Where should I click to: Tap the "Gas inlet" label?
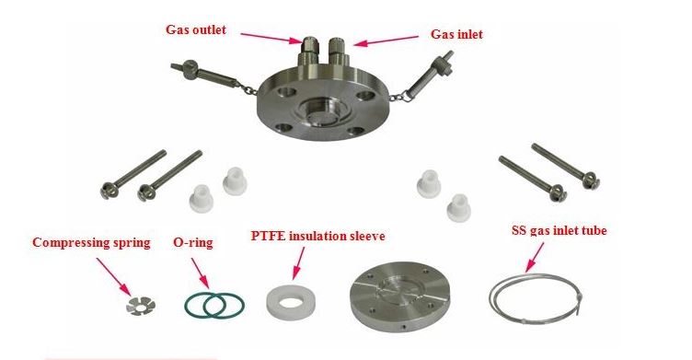(456, 35)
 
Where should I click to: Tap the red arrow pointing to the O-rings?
(200, 273)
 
